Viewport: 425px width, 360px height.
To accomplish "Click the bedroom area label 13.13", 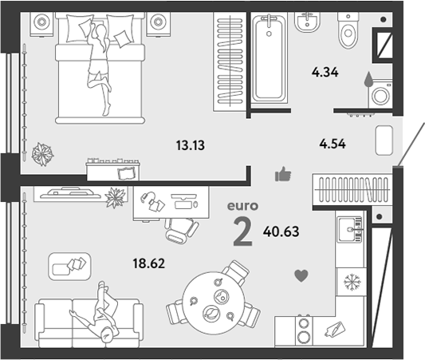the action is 191,145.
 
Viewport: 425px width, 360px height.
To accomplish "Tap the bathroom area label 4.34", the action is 325,73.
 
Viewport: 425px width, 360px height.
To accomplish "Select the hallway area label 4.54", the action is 333,144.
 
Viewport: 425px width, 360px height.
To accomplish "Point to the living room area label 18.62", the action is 149,263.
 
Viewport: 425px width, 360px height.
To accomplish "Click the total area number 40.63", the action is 281,231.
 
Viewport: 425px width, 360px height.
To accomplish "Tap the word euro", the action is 242,206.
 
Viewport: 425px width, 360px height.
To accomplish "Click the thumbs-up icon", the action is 283,174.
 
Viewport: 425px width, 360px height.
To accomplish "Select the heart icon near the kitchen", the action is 301,275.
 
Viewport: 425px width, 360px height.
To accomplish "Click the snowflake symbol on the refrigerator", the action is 352,282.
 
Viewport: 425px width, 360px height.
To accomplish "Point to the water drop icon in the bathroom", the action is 368,79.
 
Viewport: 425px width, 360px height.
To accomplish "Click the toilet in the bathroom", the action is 348,30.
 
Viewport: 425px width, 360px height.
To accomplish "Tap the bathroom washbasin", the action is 307,22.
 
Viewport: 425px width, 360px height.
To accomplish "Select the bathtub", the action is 270,58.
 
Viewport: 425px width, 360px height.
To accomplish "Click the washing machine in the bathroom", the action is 380,94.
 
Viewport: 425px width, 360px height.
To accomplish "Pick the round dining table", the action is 214,303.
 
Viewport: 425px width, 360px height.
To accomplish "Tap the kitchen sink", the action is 350,230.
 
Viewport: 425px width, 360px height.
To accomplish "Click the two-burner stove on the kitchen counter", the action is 304,330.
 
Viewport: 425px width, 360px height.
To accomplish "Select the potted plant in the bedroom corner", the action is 42,154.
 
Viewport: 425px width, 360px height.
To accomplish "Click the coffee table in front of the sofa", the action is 69,267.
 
